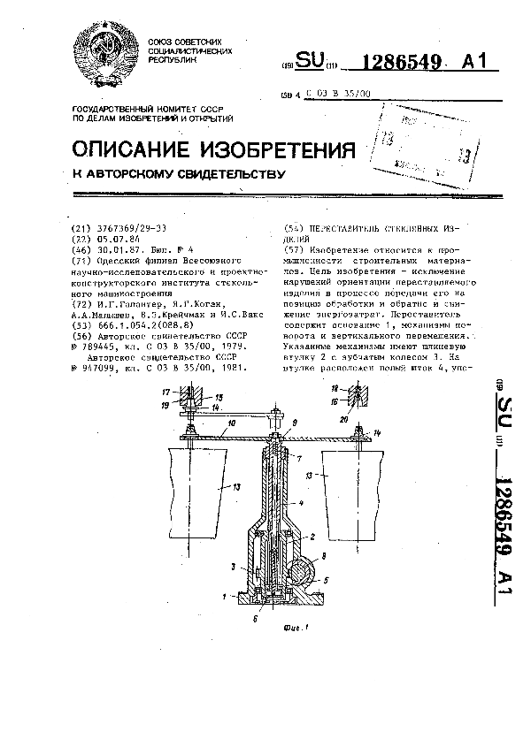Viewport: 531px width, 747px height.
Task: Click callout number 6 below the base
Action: tap(258, 619)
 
